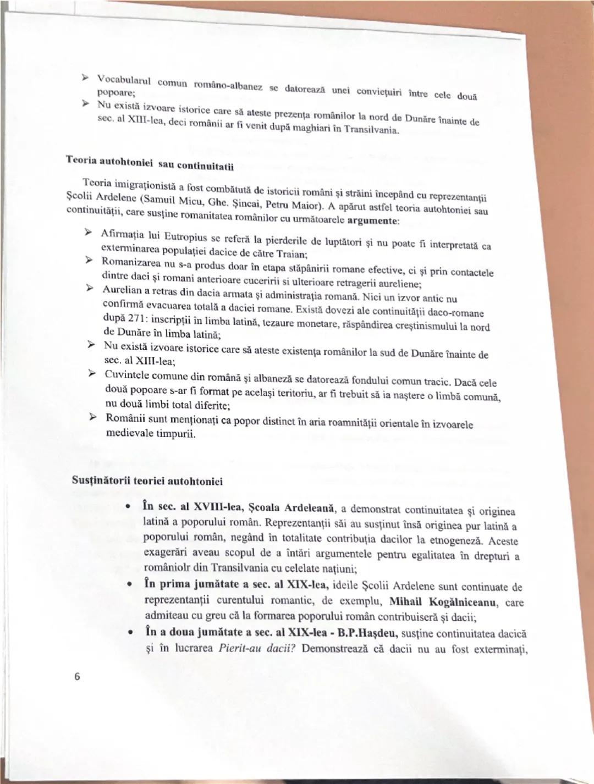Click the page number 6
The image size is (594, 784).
coord(77,677)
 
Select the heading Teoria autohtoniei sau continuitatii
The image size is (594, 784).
coord(150,163)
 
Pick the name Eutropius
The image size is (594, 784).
coord(186,236)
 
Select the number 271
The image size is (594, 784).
coord(141,319)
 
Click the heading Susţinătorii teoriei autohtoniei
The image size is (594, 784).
coord(147,481)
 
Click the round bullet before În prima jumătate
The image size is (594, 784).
coord(129,586)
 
